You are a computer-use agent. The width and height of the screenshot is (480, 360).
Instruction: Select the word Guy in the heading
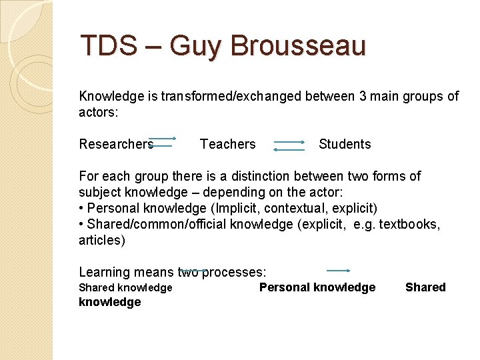(x=195, y=47)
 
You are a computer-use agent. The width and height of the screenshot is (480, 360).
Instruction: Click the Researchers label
(x=116, y=144)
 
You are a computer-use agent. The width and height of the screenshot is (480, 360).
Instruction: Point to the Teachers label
(x=227, y=144)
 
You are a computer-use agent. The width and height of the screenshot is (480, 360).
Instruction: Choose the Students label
(x=345, y=144)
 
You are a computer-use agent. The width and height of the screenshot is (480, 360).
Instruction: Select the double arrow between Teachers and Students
(x=289, y=146)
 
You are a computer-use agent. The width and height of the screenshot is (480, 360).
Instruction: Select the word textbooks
(x=404, y=225)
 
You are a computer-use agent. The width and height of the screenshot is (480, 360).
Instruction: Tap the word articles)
(x=102, y=241)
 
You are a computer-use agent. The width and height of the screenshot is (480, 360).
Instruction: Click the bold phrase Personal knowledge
(x=317, y=287)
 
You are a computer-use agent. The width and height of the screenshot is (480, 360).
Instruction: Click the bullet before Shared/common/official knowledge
(x=81, y=225)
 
